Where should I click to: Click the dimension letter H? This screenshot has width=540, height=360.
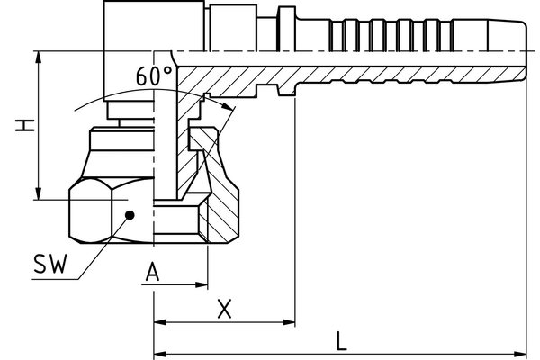pos(26,125)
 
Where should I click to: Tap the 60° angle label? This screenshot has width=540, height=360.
pos(155,77)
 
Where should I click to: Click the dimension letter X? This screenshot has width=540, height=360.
pos(225,309)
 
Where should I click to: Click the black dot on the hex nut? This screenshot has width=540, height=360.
pos(130,214)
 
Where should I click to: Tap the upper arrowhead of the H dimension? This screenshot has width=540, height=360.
pos(38,58)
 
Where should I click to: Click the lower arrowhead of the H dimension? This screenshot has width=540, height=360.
pos(38,194)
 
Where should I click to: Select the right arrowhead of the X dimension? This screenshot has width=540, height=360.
pos(290,321)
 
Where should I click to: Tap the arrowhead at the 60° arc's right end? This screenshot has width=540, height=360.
pos(231,110)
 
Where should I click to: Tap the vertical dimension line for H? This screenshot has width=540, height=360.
pos(38,126)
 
